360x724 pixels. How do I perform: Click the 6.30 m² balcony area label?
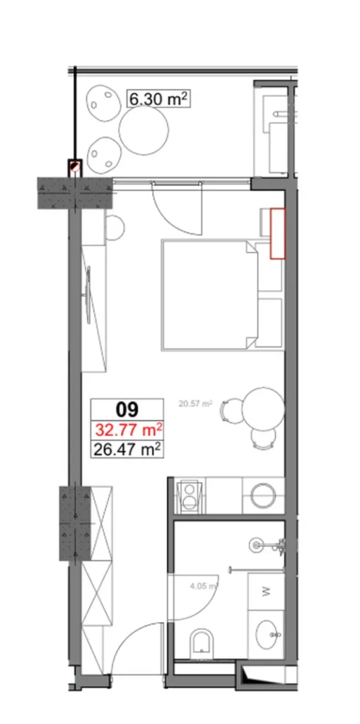tap(157, 99)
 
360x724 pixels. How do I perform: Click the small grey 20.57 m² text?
tap(196, 404)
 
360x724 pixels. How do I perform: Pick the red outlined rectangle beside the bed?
tap(277, 234)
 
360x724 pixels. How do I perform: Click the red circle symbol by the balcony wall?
tap(75, 168)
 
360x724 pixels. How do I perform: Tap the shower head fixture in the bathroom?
tap(259, 544)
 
